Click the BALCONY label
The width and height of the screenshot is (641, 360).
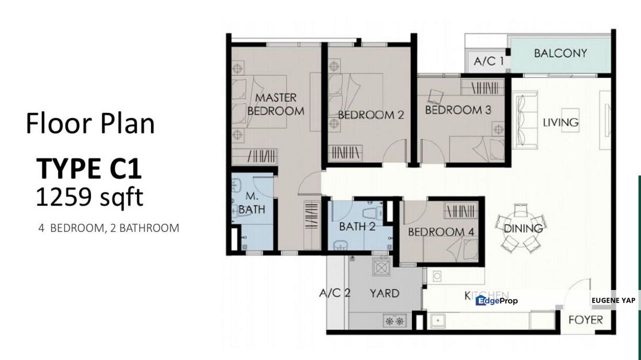coord(560,53)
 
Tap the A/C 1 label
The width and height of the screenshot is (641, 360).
coord(488,62)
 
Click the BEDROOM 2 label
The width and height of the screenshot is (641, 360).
coord(370,115)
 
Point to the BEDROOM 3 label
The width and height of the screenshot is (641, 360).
coord(458,109)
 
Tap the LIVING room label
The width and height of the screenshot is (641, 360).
coord(560,122)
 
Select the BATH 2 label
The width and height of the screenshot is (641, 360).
coord(357,226)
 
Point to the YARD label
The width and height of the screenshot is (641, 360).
coord(384,293)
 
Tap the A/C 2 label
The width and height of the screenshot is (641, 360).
coord(334,293)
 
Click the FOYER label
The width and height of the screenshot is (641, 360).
coord(585,319)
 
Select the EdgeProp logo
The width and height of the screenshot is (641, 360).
coord(496,300)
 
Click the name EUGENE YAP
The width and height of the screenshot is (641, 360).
coord(613,300)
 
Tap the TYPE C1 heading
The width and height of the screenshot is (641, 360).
coord(88,168)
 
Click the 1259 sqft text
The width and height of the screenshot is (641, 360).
coord(89,197)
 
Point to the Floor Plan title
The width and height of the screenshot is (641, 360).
coord(90,123)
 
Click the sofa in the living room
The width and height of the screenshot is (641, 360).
coord(524,119)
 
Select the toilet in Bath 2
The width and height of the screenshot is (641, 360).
coord(372,212)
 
